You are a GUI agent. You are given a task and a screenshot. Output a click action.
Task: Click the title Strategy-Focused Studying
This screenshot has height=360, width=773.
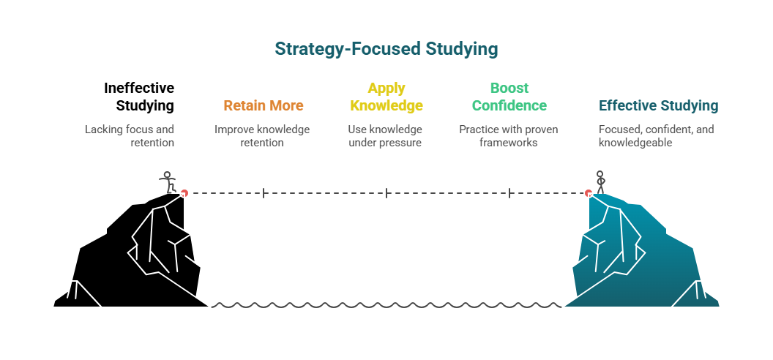tap(386, 49)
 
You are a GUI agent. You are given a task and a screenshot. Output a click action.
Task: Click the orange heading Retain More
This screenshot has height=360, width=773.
tap(263, 105)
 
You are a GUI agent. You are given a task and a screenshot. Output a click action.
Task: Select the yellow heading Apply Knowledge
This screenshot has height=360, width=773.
tap(386, 97)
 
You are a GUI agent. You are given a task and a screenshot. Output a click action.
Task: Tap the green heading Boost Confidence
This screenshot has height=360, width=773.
tap(509, 97)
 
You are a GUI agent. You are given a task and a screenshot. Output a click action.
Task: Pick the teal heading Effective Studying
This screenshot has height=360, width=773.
tap(658, 105)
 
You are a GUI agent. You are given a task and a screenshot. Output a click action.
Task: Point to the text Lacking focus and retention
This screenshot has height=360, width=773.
tap(130, 135)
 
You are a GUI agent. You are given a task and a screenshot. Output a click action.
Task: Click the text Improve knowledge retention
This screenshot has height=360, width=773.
tap(262, 135)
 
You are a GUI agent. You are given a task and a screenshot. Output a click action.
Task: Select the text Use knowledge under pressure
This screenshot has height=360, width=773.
tap(385, 135)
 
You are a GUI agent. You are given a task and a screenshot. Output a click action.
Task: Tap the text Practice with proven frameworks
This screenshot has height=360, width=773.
tap(509, 135)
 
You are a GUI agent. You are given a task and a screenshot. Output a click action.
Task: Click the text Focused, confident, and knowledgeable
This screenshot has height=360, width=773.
tap(656, 135)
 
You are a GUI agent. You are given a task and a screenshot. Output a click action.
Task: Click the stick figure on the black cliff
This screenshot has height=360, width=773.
tap(168, 181)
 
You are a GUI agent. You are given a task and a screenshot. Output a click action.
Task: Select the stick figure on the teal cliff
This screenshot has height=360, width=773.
tap(601, 181)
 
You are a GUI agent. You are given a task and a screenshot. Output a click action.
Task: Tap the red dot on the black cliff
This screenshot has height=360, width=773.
tap(184, 193)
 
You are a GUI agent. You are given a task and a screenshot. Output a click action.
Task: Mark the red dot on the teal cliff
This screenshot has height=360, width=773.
tap(589, 193)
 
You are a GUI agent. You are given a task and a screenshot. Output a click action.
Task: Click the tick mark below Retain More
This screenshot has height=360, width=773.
tap(264, 193)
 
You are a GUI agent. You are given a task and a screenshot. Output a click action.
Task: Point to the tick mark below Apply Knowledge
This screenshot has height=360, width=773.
tap(386, 193)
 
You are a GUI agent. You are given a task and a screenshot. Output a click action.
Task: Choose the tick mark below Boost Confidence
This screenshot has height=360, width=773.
tap(509, 193)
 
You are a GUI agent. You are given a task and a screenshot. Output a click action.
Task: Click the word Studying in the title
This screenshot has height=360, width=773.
tap(462, 49)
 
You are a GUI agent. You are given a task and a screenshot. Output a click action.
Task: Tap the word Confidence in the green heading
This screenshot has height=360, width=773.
tap(509, 105)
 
